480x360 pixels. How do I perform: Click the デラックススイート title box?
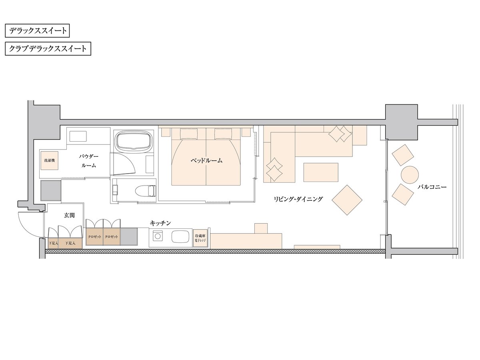(x=37, y=31)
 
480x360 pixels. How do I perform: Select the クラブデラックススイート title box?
(x=48, y=48)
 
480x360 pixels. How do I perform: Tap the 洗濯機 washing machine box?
(x=50, y=160)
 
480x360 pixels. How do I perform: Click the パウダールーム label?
(x=88, y=161)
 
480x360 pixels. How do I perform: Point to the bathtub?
(x=133, y=140)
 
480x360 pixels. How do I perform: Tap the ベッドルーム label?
(x=206, y=161)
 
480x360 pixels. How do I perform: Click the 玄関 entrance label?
(x=69, y=215)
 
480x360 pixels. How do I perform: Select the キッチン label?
(x=160, y=223)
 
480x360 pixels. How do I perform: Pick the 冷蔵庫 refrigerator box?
(x=200, y=238)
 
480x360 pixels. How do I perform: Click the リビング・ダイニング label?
(x=298, y=199)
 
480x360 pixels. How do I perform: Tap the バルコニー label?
(x=432, y=187)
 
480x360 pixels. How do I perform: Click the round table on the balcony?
(x=410, y=175)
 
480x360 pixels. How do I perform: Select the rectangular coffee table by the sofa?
(x=321, y=172)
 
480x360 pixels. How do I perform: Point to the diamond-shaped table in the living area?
(x=347, y=200)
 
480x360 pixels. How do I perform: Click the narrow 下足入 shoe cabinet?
(x=53, y=243)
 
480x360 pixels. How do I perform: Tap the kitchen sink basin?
(x=180, y=237)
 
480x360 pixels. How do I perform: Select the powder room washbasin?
(x=78, y=136)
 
